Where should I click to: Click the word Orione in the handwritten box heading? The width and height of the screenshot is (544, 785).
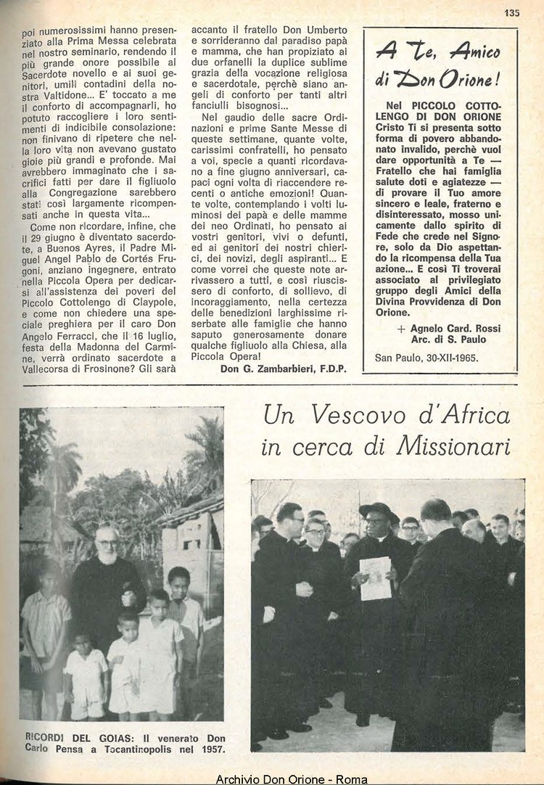click(466, 78)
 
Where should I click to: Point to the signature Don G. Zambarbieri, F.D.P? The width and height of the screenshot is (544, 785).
click(284, 369)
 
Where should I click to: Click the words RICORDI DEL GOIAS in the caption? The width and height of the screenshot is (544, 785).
click(70, 738)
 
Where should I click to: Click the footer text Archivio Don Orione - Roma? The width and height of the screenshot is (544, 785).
click(292, 779)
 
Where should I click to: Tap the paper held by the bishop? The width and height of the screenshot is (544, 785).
click(376, 578)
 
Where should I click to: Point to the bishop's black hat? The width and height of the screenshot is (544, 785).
click(379, 510)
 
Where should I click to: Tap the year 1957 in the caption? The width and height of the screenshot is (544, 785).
click(211, 749)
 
